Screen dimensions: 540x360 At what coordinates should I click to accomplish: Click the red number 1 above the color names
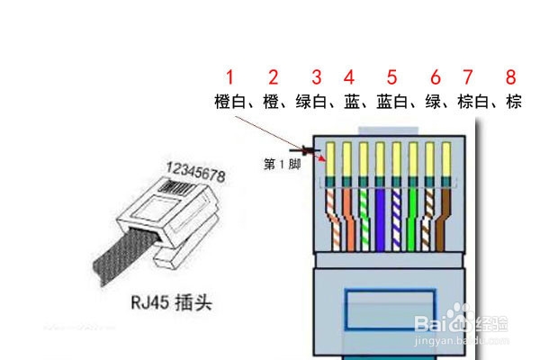click(x=229, y=76)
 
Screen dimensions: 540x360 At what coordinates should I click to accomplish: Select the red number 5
click(x=391, y=76)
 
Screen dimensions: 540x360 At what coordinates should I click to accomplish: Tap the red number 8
click(x=510, y=76)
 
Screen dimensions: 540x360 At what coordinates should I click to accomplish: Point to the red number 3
click(x=317, y=76)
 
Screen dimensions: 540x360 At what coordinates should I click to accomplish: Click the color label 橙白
click(x=229, y=102)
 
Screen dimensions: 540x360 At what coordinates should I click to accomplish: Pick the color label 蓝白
click(x=391, y=102)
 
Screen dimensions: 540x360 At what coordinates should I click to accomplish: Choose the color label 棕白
click(x=473, y=102)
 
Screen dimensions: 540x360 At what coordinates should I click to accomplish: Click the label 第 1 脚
click(x=283, y=164)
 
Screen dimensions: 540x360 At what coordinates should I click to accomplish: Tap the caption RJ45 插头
click(x=171, y=302)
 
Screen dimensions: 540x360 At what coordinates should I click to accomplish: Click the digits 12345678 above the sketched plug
click(x=195, y=172)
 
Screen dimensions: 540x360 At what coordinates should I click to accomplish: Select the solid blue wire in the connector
click(x=380, y=220)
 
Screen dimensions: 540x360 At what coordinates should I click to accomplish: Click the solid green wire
click(x=412, y=220)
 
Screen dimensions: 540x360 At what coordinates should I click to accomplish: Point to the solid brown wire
click(x=443, y=220)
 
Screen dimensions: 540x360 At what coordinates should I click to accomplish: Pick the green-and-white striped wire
click(x=364, y=220)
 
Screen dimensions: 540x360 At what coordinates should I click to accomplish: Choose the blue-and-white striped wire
click(x=396, y=220)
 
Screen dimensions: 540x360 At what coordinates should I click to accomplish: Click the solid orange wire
click(x=349, y=220)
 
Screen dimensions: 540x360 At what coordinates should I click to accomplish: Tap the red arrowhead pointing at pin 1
click(x=322, y=158)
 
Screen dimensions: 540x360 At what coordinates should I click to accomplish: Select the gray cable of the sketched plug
click(x=124, y=253)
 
